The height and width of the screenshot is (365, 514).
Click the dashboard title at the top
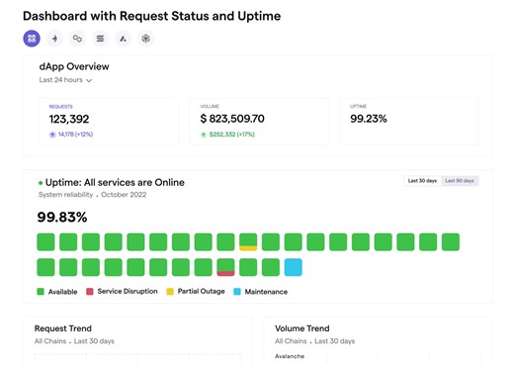click(151, 16)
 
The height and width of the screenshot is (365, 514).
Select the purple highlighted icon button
click(32, 39)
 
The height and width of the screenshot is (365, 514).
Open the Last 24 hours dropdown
click(66, 80)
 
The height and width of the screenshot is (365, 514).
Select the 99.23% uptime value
click(369, 119)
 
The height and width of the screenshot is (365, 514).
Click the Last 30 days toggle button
click(422, 181)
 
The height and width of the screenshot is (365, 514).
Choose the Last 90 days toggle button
click(460, 181)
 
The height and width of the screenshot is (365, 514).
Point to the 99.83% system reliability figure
click(62, 217)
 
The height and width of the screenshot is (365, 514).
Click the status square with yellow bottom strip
click(248, 241)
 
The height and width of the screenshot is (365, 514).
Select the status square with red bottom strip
click(225, 267)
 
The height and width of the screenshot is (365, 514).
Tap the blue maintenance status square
click(294, 267)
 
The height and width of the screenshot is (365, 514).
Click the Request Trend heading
click(64, 328)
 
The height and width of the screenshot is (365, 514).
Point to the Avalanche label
click(290, 356)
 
